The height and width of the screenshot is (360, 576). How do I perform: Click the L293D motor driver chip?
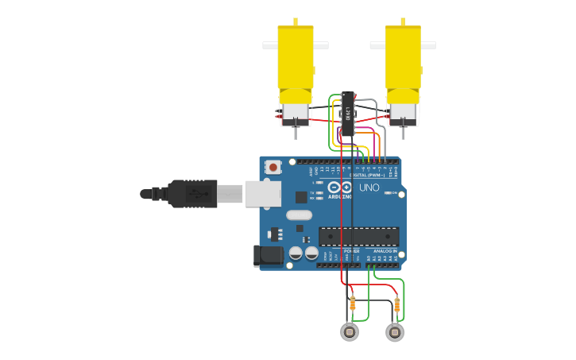(347, 113)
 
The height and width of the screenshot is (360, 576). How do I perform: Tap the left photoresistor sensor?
(350, 332)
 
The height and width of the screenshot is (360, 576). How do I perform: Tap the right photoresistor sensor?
(395, 332)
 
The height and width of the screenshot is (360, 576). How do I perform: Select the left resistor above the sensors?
(353, 303)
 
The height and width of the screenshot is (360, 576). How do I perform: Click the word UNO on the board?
(369, 188)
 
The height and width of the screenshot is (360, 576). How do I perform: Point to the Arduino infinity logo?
(340, 188)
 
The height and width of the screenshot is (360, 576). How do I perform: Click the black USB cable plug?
(191, 193)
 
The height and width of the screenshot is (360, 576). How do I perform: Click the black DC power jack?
(268, 255)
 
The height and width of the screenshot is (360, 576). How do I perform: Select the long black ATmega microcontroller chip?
(358, 236)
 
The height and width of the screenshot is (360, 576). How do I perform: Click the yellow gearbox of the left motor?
(296, 57)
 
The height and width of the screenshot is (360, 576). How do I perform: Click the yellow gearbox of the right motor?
(403, 57)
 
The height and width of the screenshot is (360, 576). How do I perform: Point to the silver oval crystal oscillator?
(299, 215)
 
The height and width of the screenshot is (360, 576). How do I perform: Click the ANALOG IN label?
(385, 250)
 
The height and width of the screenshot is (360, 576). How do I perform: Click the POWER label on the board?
(351, 250)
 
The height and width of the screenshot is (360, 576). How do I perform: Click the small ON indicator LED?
(387, 193)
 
